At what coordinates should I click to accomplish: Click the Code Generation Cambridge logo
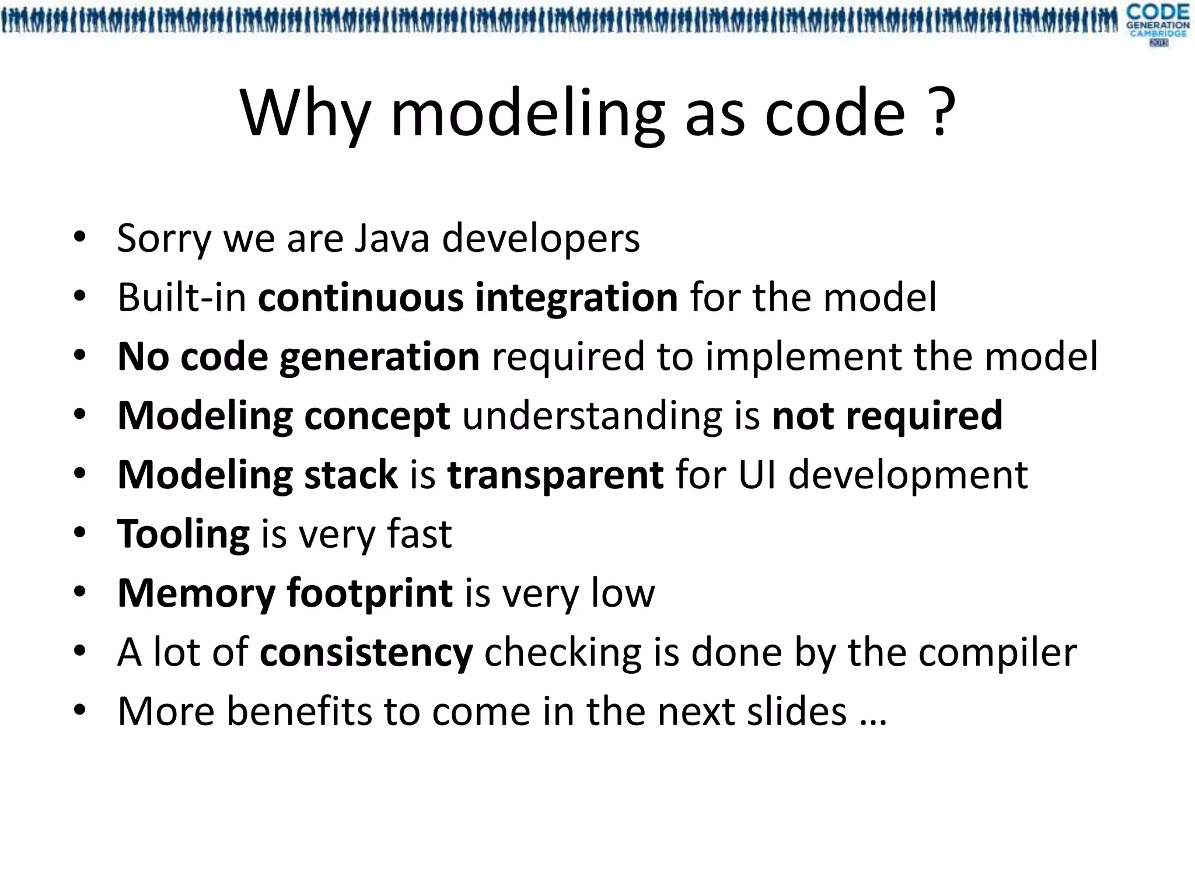click(1158, 24)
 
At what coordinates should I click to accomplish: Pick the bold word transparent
click(555, 475)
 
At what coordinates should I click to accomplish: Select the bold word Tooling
click(183, 534)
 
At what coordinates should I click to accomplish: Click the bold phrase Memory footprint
click(285, 593)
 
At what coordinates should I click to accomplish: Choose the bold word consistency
click(366, 652)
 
